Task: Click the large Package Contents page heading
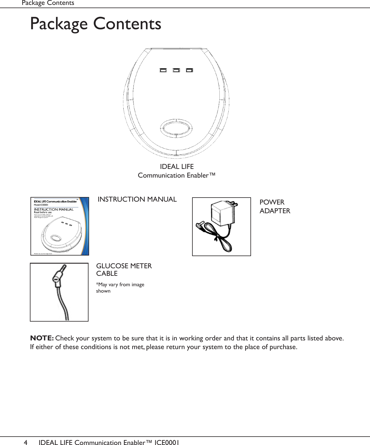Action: click(95, 24)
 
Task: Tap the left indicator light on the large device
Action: click(163, 70)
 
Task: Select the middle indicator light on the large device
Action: click(176, 70)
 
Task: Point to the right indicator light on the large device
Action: click(189, 70)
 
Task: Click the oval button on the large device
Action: click(176, 127)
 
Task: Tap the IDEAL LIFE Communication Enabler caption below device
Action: click(176, 171)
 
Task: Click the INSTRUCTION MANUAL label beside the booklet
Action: click(137, 199)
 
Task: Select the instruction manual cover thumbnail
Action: click(59, 226)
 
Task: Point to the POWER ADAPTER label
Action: click(275, 207)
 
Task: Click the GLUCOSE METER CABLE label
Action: click(124, 270)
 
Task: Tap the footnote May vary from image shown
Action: click(120, 288)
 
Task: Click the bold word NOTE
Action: click(42, 338)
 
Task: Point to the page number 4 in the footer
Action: click(26, 442)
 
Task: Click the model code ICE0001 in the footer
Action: click(167, 442)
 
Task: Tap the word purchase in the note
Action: click(283, 347)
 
